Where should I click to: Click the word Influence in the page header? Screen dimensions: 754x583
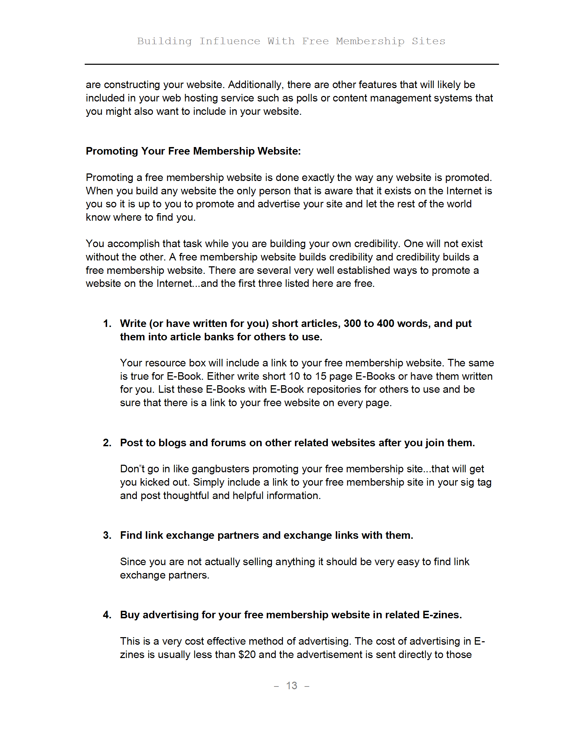230,41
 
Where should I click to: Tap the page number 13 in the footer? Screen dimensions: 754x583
291,685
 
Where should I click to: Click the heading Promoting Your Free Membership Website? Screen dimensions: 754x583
193,151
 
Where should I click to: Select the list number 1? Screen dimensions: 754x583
107,324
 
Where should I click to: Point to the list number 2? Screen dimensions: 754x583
107,442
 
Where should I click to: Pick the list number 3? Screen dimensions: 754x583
107,535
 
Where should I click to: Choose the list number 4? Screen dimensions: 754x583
107,615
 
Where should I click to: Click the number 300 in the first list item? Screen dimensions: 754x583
352,324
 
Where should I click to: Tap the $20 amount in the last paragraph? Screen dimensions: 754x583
247,655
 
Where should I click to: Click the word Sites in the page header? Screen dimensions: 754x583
428,41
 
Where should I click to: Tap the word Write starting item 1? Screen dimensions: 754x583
133,324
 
